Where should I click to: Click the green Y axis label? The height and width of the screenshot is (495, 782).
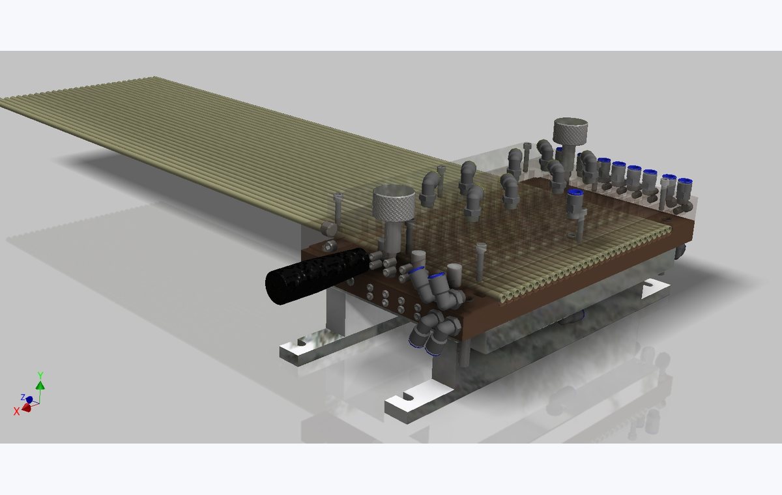(x=40, y=375)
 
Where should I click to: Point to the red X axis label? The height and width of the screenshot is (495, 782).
(x=16, y=411)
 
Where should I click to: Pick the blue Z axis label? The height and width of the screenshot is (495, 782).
(x=23, y=397)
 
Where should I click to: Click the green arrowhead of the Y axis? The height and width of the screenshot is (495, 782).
(x=40, y=385)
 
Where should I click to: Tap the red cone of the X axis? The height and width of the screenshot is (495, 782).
(x=27, y=407)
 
